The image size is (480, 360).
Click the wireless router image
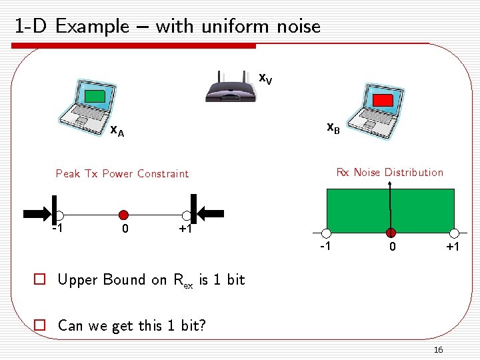click(231, 87)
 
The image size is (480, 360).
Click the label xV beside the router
click(265, 79)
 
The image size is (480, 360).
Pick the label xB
click(333, 128)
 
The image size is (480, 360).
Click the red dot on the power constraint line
click(123, 215)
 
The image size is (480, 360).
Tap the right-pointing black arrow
click(35, 214)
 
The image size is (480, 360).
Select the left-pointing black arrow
click(213, 213)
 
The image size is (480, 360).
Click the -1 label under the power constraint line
click(57, 229)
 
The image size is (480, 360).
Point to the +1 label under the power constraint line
click(185, 229)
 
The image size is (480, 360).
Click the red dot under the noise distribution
click(391, 233)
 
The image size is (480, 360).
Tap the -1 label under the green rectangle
click(326, 247)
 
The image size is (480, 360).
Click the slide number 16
click(438, 350)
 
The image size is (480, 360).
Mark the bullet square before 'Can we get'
click(41, 325)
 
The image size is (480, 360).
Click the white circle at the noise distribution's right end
click(455, 233)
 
